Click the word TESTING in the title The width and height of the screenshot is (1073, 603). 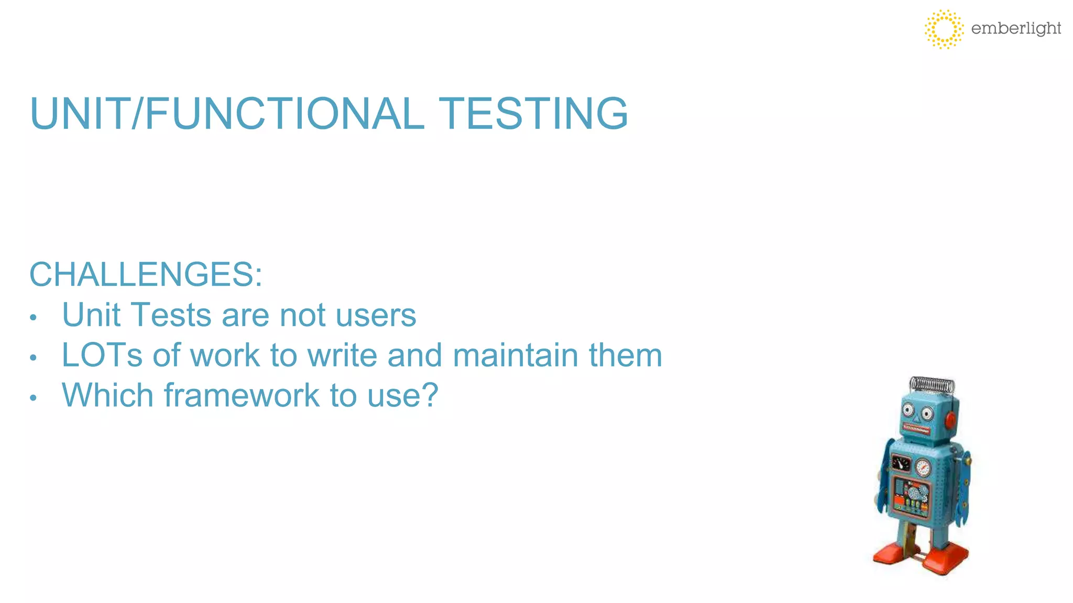point(533,114)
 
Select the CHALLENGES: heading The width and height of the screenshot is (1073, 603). point(146,274)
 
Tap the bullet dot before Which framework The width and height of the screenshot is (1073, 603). point(33,398)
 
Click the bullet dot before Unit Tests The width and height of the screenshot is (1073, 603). point(33,318)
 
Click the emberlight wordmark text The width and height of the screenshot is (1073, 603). point(1016,28)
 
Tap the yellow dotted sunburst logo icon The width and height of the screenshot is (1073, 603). point(944,29)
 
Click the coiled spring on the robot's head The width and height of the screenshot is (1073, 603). point(932,385)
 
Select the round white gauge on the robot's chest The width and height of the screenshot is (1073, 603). point(923,467)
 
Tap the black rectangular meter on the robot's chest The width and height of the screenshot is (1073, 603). point(901,463)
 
